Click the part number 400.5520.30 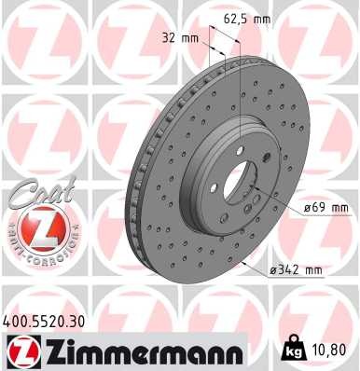click(x=47, y=321)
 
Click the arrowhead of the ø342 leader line click(x=243, y=264)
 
